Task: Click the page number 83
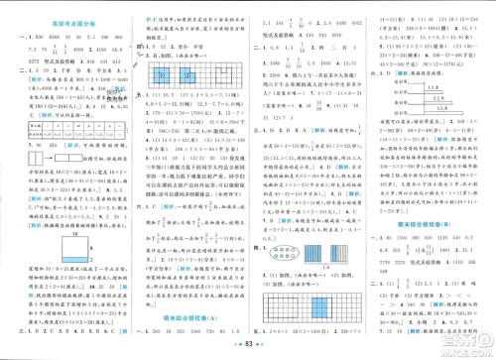tap(248, 349)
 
